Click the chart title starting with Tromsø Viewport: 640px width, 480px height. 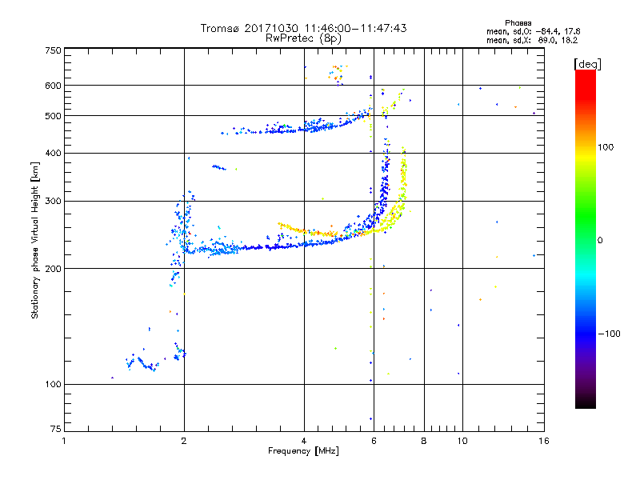[x=303, y=28]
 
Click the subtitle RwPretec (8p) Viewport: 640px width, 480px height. [x=303, y=38]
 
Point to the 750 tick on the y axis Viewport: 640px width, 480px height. [x=53, y=50]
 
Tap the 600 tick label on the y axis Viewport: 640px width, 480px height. [x=53, y=86]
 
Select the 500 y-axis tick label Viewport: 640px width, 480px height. [x=53, y=116]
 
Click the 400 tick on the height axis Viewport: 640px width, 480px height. [x=53, y=153]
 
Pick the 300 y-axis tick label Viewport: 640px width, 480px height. [x=53, y=201]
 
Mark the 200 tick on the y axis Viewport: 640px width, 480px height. [x=53, y=269]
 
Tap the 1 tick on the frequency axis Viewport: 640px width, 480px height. [x=65, y=441]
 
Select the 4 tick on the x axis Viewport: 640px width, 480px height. [x=304, y=441]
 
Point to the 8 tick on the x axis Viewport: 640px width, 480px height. [x=424, y=441]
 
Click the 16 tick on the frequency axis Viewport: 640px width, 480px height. [x=542, y=441]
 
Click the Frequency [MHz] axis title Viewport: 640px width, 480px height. [x=303, y=452]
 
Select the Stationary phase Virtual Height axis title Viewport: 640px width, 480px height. [x=35, y=240]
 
